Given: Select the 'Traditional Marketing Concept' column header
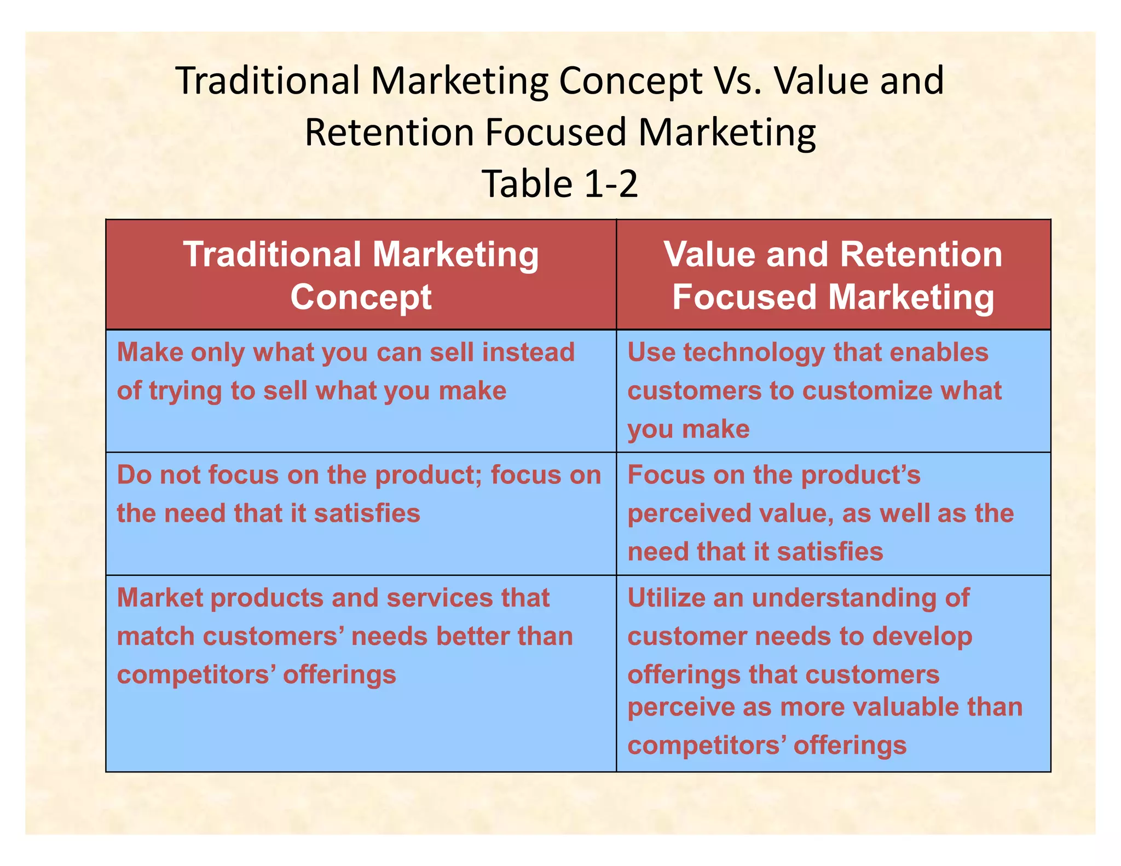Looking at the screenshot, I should [361, 275].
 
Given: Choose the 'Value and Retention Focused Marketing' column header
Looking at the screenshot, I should [833, 275].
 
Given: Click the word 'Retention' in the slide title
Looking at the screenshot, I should [389, 132].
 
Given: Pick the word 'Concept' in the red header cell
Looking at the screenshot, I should [361, 297].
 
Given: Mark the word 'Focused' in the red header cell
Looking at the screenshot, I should [745, 297].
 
